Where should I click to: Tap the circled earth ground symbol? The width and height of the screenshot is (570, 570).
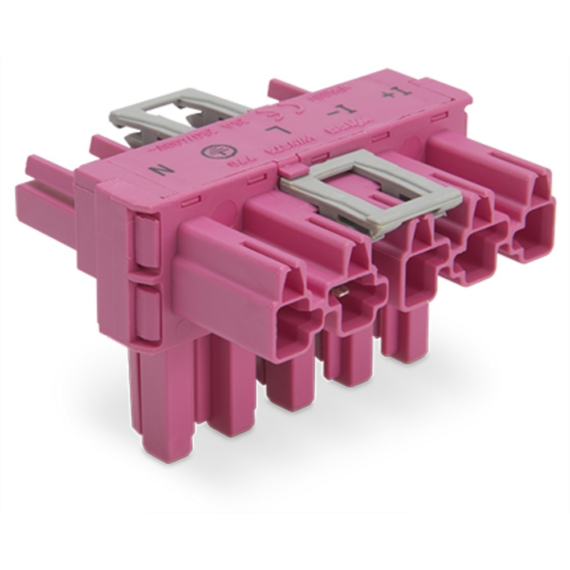pos(213,153)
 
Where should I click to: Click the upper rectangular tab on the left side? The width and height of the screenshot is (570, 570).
pos(147,242)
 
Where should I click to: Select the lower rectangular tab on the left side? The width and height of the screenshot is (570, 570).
pos(147,308)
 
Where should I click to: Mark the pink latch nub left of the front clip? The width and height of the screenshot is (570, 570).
pos(292,169)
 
